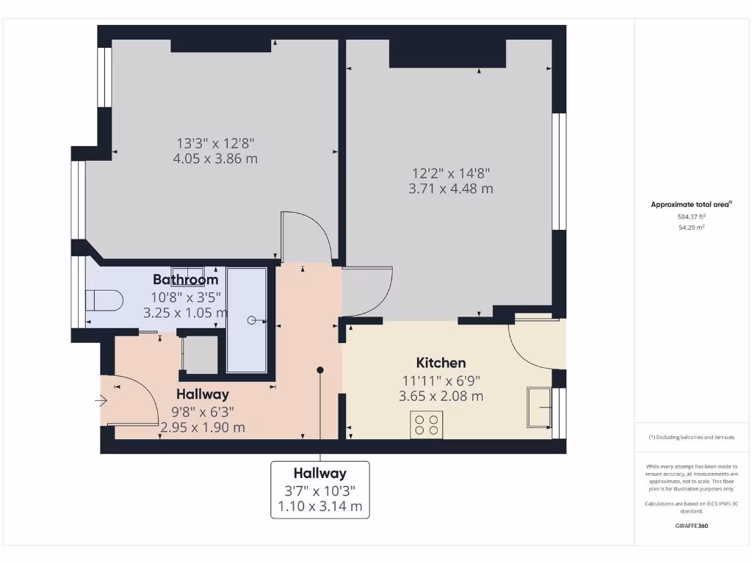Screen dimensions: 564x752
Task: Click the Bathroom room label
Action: tap(185, 280)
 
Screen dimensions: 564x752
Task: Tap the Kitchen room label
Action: tap(441, 363)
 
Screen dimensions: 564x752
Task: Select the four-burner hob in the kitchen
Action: tap(427, 425)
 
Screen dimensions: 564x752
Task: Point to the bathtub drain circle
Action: tap(252, 320)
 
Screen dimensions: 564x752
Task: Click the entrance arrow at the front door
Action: tap(101, 400)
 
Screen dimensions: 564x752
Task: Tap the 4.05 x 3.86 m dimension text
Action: tap(215, 159)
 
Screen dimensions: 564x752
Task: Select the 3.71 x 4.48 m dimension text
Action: tap(450, 189)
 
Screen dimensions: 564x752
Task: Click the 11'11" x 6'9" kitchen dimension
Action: tap(441, 380)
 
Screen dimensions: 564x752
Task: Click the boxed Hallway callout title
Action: tap(319, 474)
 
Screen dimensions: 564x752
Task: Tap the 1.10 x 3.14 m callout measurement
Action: tap(319, 506)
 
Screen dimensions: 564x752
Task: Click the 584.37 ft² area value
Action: tap(691, 217)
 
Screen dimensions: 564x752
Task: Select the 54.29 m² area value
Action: tap(691, 228)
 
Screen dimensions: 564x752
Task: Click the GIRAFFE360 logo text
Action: tap(691, 526)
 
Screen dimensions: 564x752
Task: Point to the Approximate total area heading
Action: tap(691, 205)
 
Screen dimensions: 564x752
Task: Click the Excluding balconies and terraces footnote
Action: tap(691, 437)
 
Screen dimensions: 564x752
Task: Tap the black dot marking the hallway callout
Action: tap(320, 370)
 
